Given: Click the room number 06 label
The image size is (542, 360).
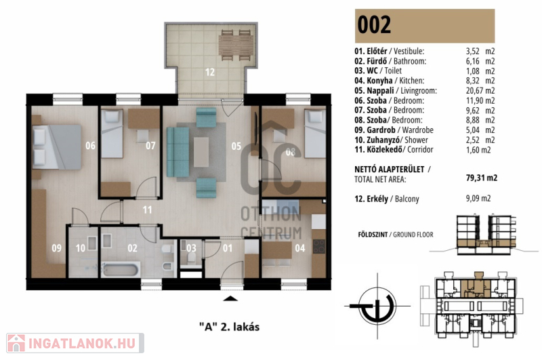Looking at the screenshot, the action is click(90, 146).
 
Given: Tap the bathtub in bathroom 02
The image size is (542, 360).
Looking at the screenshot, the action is click(121, 269).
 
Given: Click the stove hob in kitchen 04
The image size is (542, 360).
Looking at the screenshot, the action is click(319, 246).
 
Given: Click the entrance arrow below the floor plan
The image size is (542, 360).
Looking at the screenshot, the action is click(230, 298).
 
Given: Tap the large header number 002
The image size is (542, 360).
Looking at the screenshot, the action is click(375, 24).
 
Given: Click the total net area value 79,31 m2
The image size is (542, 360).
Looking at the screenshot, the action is click(482, 178).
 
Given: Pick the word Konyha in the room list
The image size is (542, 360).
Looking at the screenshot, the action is click(379, 81).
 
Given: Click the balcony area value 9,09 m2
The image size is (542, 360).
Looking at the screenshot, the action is click(478, 198).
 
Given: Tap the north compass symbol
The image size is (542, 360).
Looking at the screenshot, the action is click(377, 306).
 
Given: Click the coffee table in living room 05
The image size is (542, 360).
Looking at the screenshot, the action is click(201, 152).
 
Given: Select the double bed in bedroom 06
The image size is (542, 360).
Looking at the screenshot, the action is click(57, 147).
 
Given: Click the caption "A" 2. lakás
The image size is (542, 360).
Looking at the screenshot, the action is click(230, 327).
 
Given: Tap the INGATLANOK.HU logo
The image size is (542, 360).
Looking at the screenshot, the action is click(75, 343).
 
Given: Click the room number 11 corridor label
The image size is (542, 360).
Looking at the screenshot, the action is click(147, 210).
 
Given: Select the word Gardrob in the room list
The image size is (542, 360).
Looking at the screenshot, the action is click(381, 130).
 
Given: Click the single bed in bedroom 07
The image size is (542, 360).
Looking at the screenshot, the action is click(112, 134).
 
